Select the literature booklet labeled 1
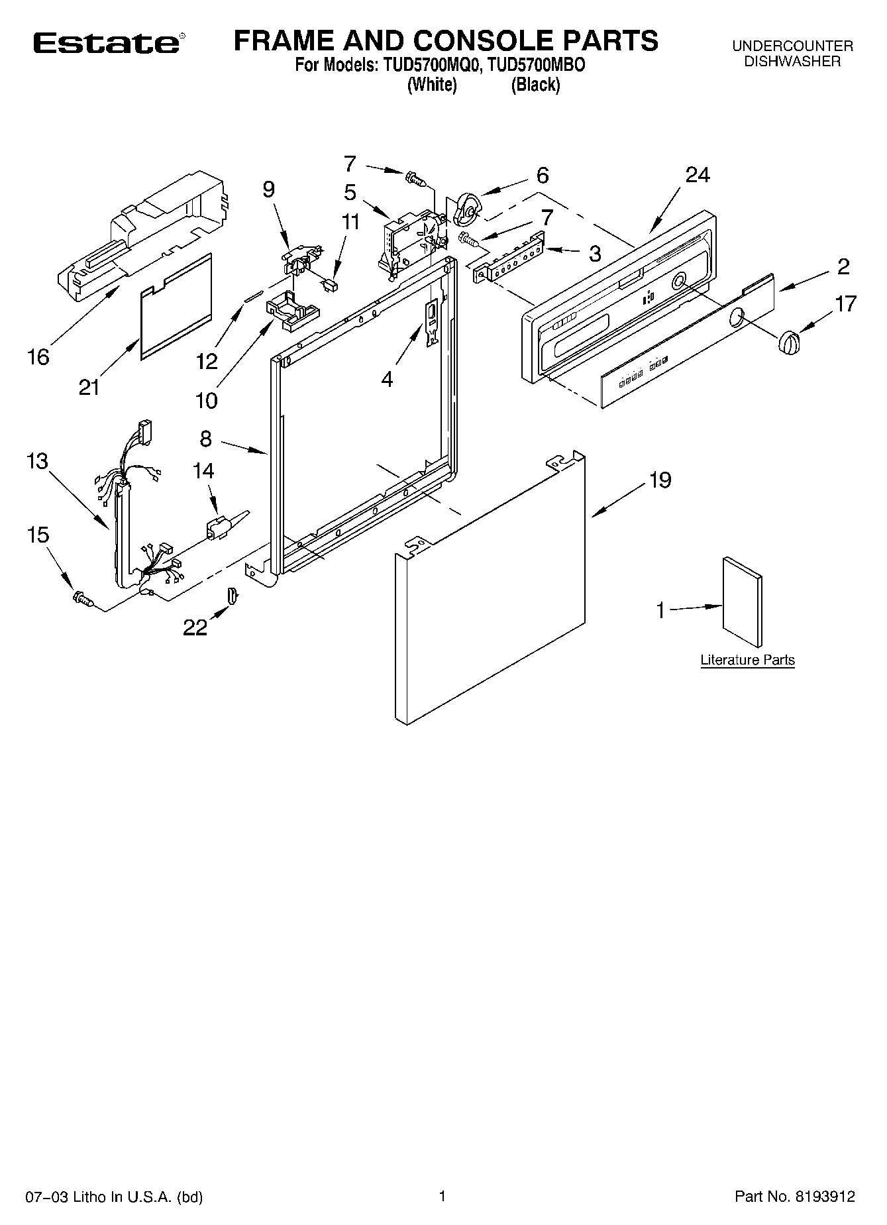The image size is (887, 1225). pyautogui.click(x=742, y=602)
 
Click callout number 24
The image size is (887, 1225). pyautogui.click(x=698, y=175)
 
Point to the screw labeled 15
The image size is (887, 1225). pyautogui.click(x=83, y=598)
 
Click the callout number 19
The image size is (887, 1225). pyautogui.click(x=660, y=480)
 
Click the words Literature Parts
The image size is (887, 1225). pyautogui.click(x=747, y=660)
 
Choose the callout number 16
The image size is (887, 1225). pyautogui.click(x=38, y=357)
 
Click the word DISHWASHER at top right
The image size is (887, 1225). pyautogui.click(x=792, y=62)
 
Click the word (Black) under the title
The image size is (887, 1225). pyautogui.click(x=535, y=85)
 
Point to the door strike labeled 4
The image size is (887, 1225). pyautogui.click(x=431, y=321)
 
